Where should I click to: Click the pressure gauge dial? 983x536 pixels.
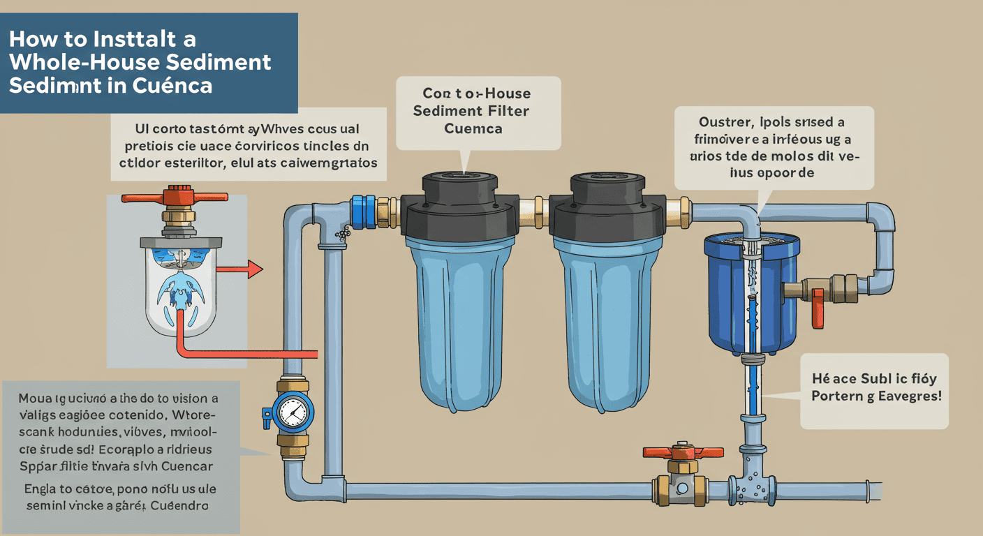(x=292, y=413)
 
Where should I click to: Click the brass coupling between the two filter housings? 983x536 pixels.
(x=538, y=207)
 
